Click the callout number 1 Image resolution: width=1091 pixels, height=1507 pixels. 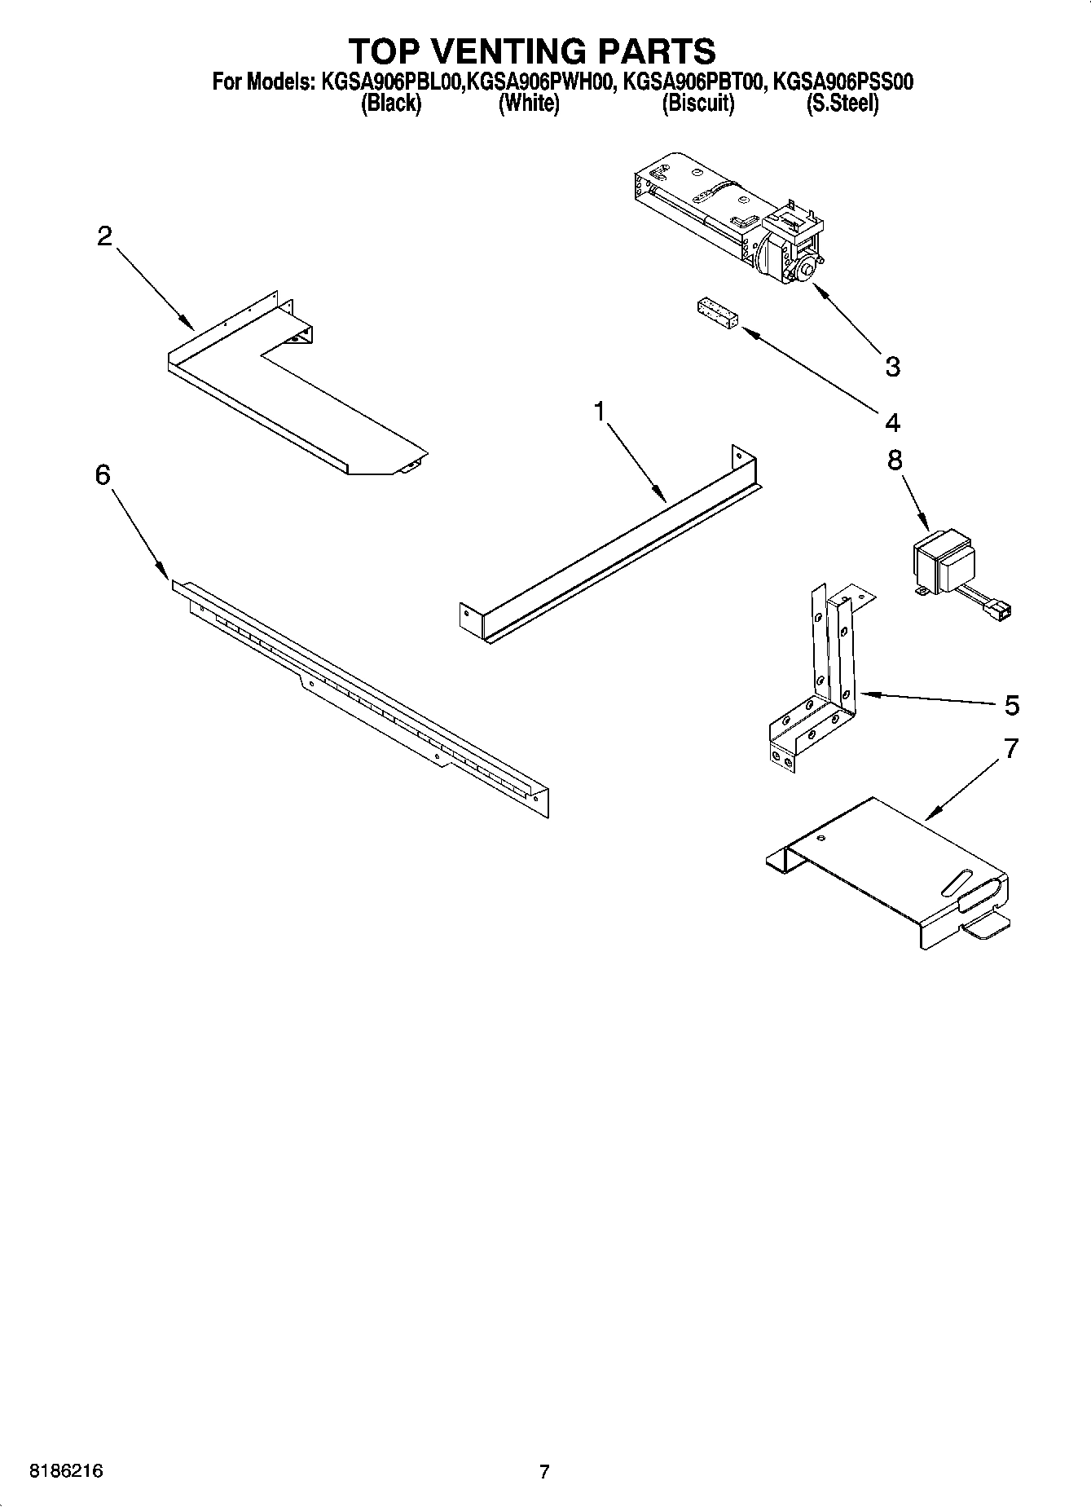[600, 412]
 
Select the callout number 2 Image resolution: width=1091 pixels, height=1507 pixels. [104, 236]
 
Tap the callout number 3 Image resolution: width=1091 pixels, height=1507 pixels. [893, 367]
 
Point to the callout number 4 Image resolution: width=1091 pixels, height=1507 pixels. [893, 422]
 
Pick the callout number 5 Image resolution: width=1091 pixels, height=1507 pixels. [1011, 704]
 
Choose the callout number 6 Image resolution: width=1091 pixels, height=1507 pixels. [103, 474]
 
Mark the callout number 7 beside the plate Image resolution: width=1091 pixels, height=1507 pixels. [1011, 748]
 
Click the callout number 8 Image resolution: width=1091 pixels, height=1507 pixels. [895, 460]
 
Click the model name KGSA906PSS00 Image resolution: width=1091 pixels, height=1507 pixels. [842, 82]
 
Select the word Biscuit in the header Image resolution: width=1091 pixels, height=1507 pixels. [698, 104]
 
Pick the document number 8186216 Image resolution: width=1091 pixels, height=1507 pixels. [66, 1471]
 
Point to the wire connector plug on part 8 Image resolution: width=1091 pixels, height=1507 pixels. [1000, 607]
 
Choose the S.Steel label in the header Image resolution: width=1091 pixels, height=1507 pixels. [842, 104]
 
